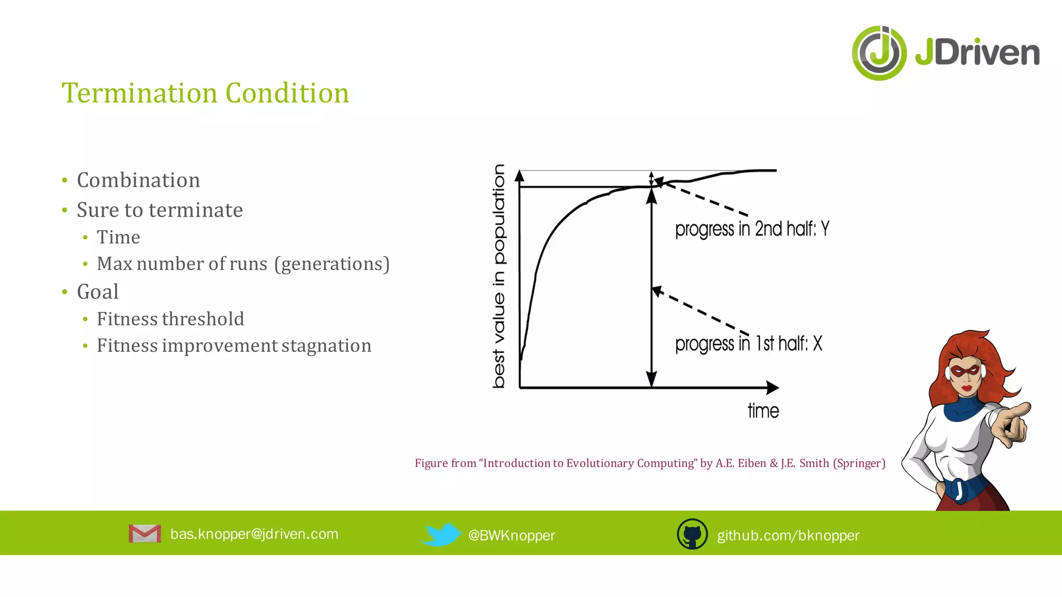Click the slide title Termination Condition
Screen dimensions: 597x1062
[205, 93]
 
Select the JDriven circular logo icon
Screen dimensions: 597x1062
[879, 53]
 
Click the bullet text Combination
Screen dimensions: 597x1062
[138, 180]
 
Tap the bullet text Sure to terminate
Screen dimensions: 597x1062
[160, 210]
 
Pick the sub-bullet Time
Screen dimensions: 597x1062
[118, 237]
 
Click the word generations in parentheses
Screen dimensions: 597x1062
[332, 264]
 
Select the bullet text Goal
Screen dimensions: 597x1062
[97, 292]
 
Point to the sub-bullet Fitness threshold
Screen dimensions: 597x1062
[170, 319]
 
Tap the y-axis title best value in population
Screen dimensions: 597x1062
[498, 276]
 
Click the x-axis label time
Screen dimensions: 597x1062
[763, 411]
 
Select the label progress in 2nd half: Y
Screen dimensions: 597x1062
[752, 229]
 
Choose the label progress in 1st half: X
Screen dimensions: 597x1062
[748, 344]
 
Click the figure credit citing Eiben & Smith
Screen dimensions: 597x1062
[650, 463]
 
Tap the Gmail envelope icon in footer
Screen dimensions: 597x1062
[145, 534]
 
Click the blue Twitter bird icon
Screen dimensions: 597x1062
[441, 534]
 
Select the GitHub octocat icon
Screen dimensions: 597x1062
[692, 534]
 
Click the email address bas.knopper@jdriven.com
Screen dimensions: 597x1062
[254, 534]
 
